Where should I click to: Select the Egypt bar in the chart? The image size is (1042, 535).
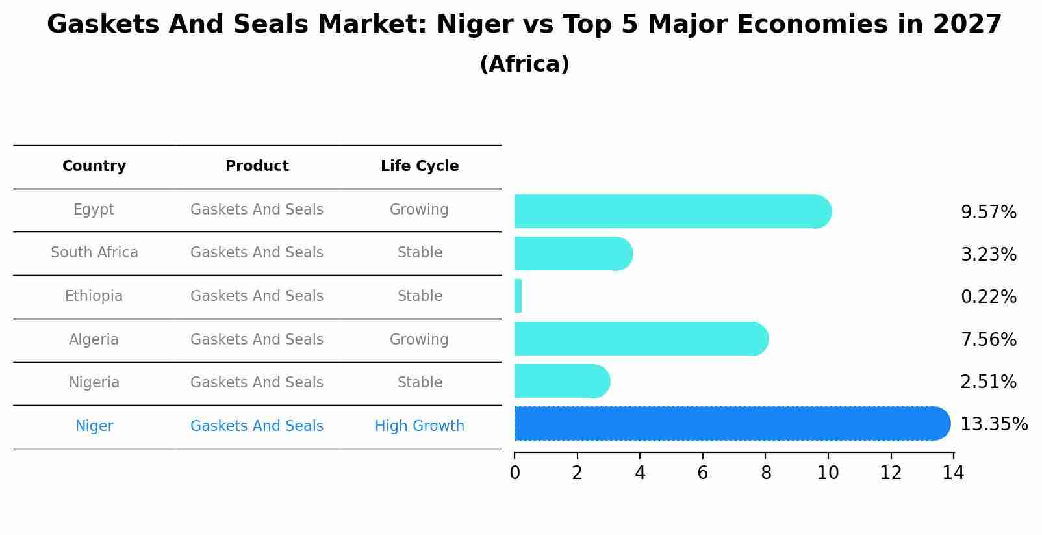tap(669, 211)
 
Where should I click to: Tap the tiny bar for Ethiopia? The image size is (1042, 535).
tap(518, 296)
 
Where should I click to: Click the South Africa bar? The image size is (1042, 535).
tap(572, 254)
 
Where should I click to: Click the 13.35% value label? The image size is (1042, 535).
tap(993, 424)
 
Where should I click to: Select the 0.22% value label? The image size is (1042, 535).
tap(988, 297)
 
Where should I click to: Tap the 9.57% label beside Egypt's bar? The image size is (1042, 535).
tap(988, 213)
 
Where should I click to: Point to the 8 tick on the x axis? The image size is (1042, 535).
tap(766, 473)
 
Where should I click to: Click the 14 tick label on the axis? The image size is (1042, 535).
tap(953, 473)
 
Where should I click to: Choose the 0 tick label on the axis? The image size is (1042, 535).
tap(515, 473)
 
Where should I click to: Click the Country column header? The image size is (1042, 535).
tap(94, 166)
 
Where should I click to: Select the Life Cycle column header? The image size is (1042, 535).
tap(420, 166)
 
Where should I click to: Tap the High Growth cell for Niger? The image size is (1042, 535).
tap(420, 426)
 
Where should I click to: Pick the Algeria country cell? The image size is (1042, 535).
tap(94, 339)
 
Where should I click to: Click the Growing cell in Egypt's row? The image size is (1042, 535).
tap(419, 209)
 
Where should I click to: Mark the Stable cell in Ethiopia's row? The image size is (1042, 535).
tap(420, 296)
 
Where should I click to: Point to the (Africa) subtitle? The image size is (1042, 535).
tap(524, 64)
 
